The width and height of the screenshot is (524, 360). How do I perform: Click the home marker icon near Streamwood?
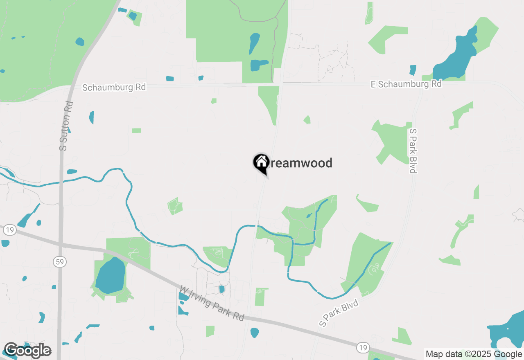(261, 162)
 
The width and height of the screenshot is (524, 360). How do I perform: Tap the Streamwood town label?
(299, 163)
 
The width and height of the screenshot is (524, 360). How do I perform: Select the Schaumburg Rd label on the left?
(114, 88)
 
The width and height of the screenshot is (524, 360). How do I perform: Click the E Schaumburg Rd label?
(406, 84)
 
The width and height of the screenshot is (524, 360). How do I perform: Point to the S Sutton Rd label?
(66, 126)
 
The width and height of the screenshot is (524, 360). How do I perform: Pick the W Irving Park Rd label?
(212, 303)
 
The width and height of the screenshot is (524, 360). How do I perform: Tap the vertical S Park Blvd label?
(413, 151)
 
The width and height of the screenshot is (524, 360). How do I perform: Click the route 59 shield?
(60, 261)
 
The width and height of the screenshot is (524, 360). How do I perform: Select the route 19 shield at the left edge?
(9, 230)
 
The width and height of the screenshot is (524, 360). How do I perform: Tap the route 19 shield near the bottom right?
(362, 347)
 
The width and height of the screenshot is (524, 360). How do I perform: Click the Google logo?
(28, 350)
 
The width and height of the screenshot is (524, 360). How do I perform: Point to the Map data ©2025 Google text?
(474, 354)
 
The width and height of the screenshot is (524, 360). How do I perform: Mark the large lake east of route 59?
(111, 275)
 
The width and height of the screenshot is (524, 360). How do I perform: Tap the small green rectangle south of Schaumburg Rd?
(136, 130)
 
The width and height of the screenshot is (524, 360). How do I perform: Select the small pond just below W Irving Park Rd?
(255, 332)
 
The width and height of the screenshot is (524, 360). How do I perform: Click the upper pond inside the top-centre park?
(254, 43)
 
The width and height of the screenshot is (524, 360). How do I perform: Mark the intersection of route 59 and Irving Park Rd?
(61, 245)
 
